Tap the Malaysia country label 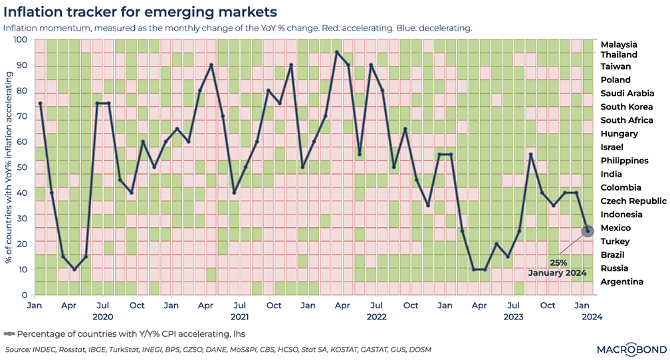tap(619, 43)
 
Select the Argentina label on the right tap(621, 282)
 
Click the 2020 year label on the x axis tap(103, 317)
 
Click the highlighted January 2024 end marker tap(588, 231)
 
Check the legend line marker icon tap(9, 333)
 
